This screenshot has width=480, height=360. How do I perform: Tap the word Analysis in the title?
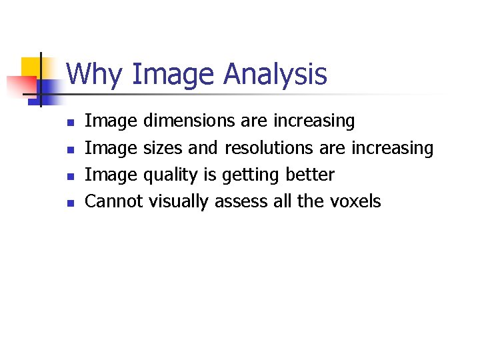pos(275,74)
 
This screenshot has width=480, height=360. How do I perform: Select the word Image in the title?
pos(174,74)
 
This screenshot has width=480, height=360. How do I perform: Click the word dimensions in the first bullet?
pos(189,121)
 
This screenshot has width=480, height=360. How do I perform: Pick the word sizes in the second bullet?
pos(163,147)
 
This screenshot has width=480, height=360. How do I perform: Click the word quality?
pos(170,175)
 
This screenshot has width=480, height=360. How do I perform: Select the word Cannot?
pos(114,201)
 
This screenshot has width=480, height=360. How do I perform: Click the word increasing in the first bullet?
pos(315,121)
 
